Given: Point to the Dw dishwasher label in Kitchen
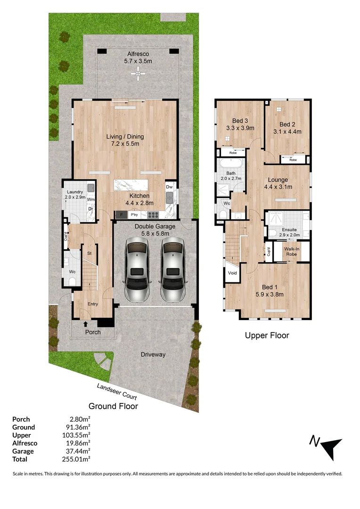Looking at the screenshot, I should (169, 187).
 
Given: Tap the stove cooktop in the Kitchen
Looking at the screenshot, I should (154, 215).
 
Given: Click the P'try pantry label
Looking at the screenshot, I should (134, 215).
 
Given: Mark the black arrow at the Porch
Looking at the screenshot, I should (85, 323).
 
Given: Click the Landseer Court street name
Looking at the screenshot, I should (117, 391).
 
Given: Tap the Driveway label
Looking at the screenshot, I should (153, 354).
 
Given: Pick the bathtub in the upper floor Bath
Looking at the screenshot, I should (230, 165).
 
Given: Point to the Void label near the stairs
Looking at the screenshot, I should (232, 273).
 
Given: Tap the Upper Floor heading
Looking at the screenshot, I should (267, 336).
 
